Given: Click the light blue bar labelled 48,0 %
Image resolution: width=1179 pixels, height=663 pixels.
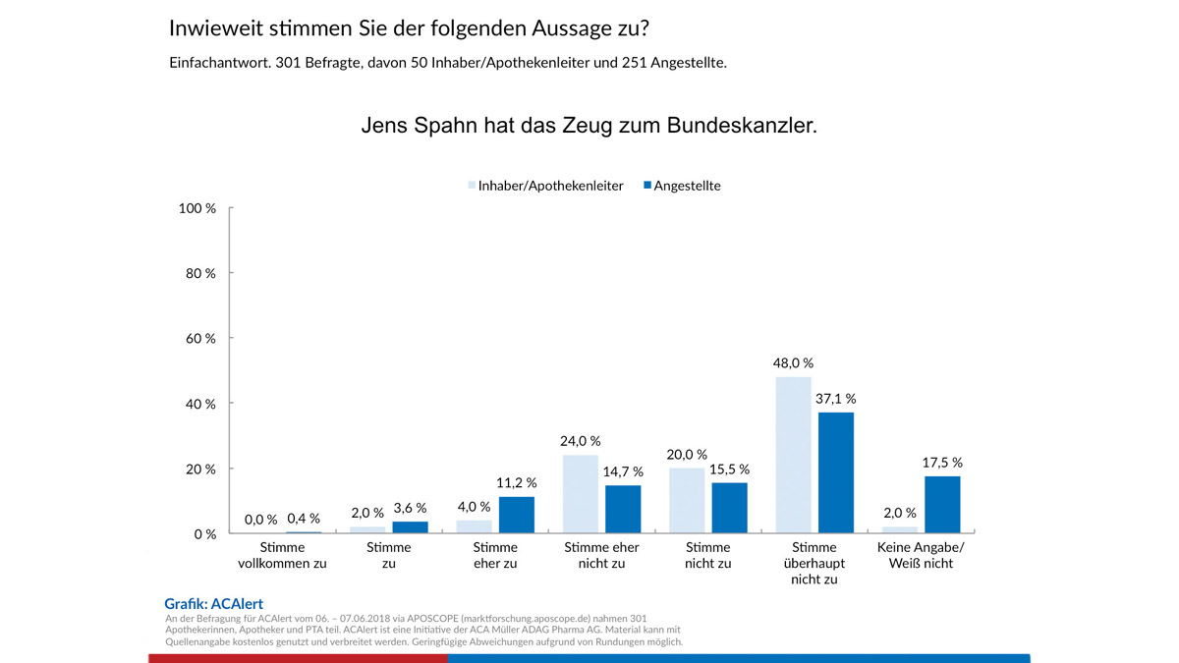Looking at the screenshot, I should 793,455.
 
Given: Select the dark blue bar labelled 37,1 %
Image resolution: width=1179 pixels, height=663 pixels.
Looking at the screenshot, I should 836,472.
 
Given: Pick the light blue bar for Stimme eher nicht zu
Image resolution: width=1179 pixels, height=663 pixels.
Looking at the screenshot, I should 580,494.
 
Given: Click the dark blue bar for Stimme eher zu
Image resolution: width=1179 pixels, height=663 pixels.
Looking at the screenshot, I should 517,515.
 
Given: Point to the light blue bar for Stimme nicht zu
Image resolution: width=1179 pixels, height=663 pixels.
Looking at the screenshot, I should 686,501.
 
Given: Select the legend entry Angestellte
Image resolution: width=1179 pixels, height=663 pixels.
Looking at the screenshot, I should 687,186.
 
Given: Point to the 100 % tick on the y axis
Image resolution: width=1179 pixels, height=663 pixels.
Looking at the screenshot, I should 197,208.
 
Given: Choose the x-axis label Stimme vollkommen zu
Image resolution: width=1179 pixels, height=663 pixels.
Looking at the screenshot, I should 282,555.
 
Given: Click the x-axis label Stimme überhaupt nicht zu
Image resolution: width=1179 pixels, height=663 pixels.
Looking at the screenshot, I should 814,563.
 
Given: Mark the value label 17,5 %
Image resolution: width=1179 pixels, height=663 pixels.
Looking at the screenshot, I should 942,462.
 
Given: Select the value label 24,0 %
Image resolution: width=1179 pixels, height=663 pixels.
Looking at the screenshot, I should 580,441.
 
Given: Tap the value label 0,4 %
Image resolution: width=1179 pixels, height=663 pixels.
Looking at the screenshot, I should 304,519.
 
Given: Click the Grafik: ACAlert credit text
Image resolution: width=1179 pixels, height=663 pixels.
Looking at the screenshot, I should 213,604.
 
